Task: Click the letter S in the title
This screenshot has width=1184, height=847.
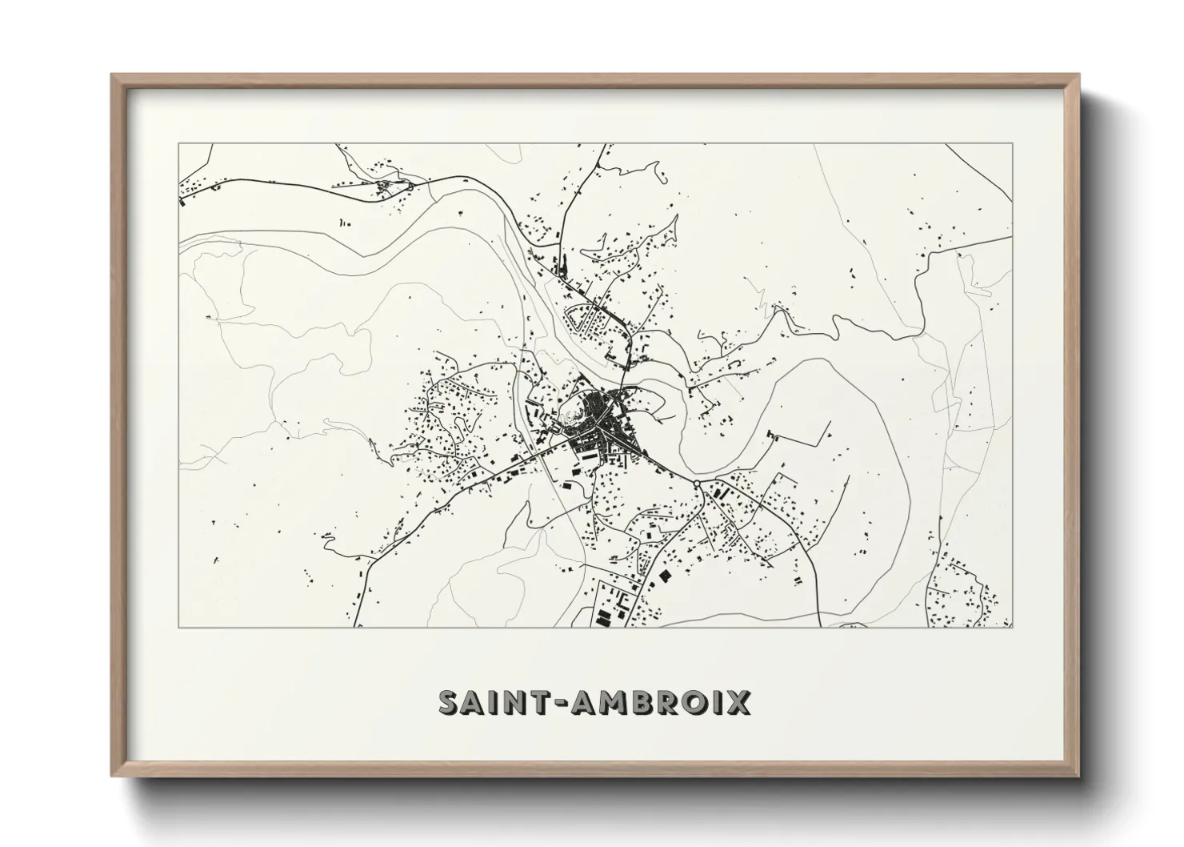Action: (450, 703)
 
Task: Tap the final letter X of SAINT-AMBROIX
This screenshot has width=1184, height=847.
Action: (738, 703)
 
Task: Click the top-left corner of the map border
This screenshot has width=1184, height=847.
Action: (178, 143)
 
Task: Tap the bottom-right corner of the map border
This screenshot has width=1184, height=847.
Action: (1013, 627)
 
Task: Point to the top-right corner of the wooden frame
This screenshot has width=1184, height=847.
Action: (1079, 74)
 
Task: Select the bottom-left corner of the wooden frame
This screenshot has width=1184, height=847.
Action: (111, 776)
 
